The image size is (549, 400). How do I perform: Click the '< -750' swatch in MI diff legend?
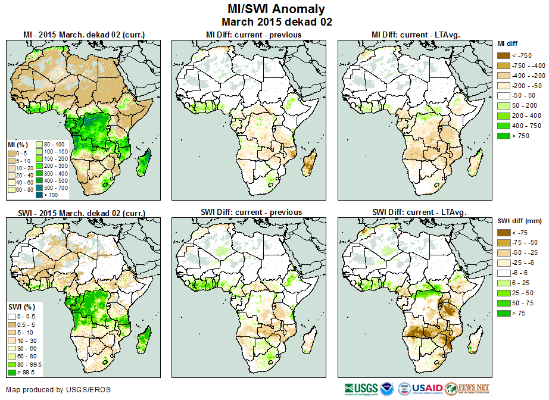(503, 55)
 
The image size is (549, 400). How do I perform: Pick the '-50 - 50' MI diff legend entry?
(503, 95)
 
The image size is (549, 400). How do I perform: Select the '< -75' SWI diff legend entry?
(503, 233)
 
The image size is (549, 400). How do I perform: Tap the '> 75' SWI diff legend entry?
(503, 313)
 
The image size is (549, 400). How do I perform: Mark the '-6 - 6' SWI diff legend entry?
(503, 273)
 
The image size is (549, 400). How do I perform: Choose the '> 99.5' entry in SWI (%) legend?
(13, 373)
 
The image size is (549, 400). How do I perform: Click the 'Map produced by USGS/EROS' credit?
(58, 390)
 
